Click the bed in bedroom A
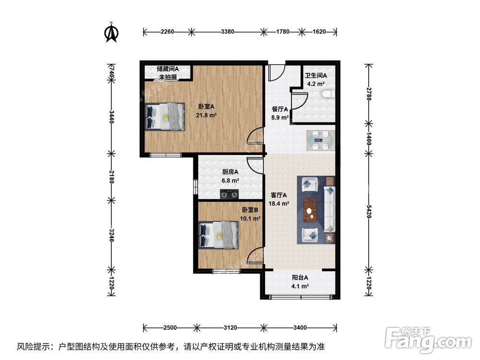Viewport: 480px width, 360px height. click(165, 116)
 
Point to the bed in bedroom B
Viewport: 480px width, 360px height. click(219, 235)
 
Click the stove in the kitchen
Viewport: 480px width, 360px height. click(229, 194)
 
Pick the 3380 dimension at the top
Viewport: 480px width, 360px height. click(228, 32)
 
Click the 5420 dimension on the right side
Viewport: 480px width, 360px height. click(369, 211)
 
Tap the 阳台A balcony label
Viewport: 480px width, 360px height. click(300, 277)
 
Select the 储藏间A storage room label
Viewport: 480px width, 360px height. click(168, 69)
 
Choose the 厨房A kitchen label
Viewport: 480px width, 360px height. click(230, 172)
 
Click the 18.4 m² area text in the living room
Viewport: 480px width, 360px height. click(279, 204)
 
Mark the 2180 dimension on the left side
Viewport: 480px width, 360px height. click(111, 177)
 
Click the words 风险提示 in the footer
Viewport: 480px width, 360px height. click(34, 346)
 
